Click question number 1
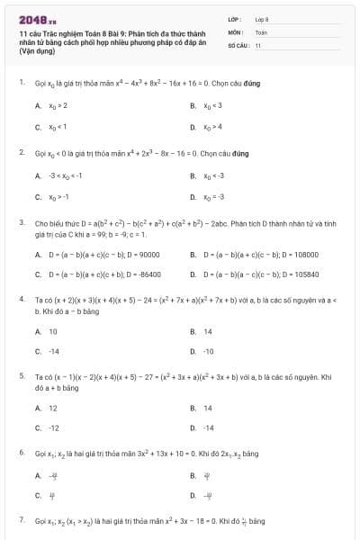[x=21, y=83]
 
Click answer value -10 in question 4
[x=208, y=351]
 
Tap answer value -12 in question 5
[x=54, y=427]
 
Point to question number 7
[x=21, y=520]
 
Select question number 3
[x=21, y=220]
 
